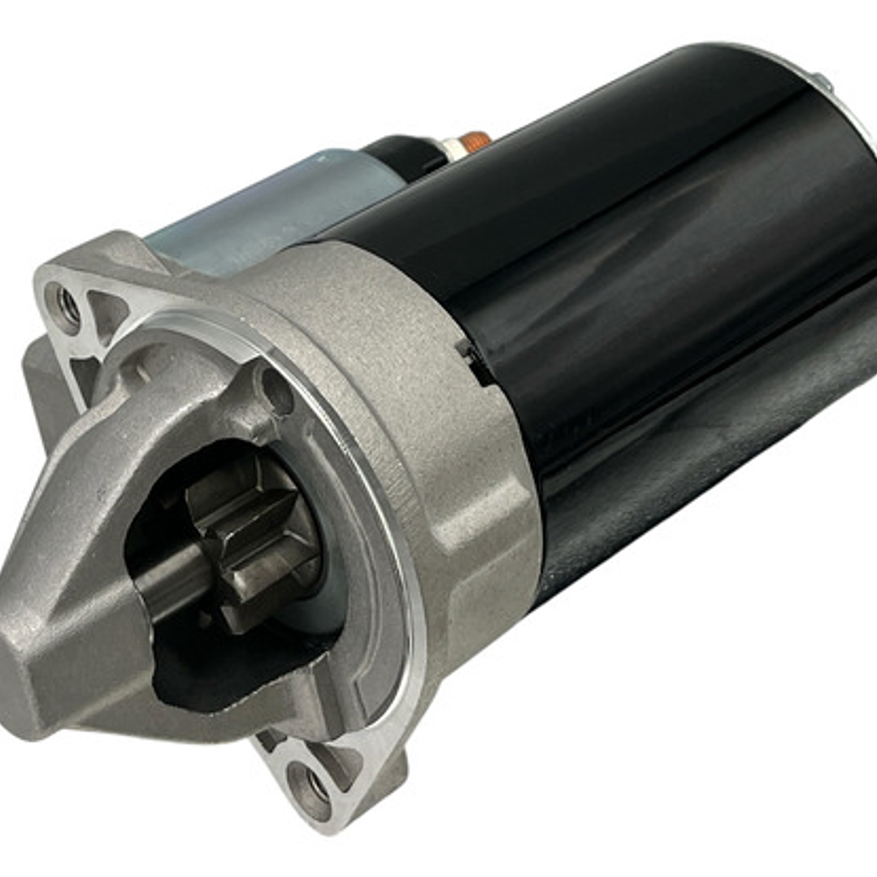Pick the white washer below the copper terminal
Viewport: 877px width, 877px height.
[x=452, y=150]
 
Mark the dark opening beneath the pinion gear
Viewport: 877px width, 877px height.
[x=211, y=675]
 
